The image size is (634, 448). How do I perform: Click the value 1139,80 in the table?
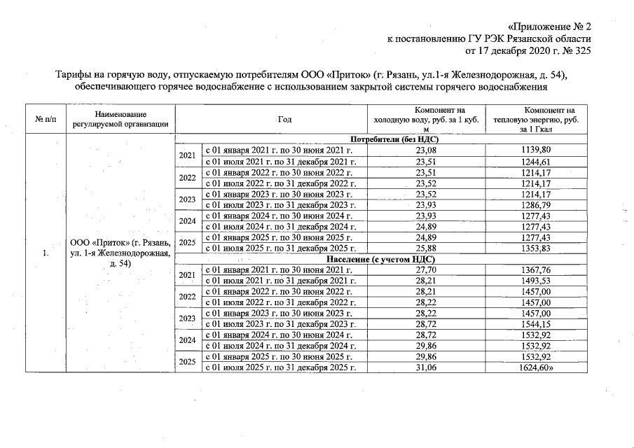click(540, 150)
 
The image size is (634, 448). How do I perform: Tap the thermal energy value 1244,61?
click(540, 161)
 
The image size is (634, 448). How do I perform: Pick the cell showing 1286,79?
click(540, 204)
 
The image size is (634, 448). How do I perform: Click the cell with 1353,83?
click(540, 248)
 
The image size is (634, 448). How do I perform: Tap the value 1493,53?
click(540, 281)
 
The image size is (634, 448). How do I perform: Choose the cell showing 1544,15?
click(540, 325)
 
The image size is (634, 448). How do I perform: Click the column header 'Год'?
click(284, 120)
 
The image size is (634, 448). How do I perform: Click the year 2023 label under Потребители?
click(187, 199)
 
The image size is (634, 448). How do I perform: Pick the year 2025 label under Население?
click(187, 363)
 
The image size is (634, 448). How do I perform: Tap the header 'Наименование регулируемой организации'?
click(119, 120)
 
